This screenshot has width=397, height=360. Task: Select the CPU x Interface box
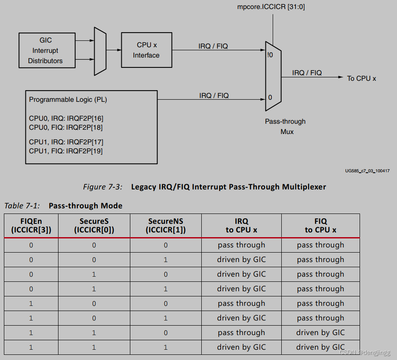pyautogui.click(x=146, y=50)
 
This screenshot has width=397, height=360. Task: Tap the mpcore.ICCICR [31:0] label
pyautogui.click(x=271, y=7)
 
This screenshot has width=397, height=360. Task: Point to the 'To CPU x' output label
pyautogui.click(x=361, y=78)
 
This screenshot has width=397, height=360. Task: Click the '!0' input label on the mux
pyautogui.click(x=270, y=55)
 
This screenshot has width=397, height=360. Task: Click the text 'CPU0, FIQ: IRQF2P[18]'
pyautogui.click(x=66, y=128)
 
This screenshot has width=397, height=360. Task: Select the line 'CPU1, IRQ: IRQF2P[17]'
pyautogui.click(x=66, y=142)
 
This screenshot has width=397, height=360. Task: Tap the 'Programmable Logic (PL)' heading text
pyautogui.click(x=68, y=100)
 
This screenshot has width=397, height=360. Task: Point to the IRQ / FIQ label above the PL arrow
pyautogui.click(x=214, y=95)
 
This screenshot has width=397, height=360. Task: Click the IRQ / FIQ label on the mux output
pyautogui.click(x=307, y=73)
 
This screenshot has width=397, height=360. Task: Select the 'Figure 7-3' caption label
pyautogui.click(x=102, y=187)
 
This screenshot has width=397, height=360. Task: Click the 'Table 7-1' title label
pyautogui.click(x=22, y=206)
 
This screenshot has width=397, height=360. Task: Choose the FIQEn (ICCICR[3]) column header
pyautogui.click(x=31, y=226)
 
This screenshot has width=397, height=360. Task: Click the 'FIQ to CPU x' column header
pyautogui.click(x=320, y=226)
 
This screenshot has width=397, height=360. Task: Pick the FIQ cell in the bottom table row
pyautogui.click(x=320, y=347)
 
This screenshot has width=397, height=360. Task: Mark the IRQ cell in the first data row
pyautogui.click(x=241, y=245)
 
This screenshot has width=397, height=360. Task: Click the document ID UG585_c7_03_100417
pyautogui.click(x=367, y=171)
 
